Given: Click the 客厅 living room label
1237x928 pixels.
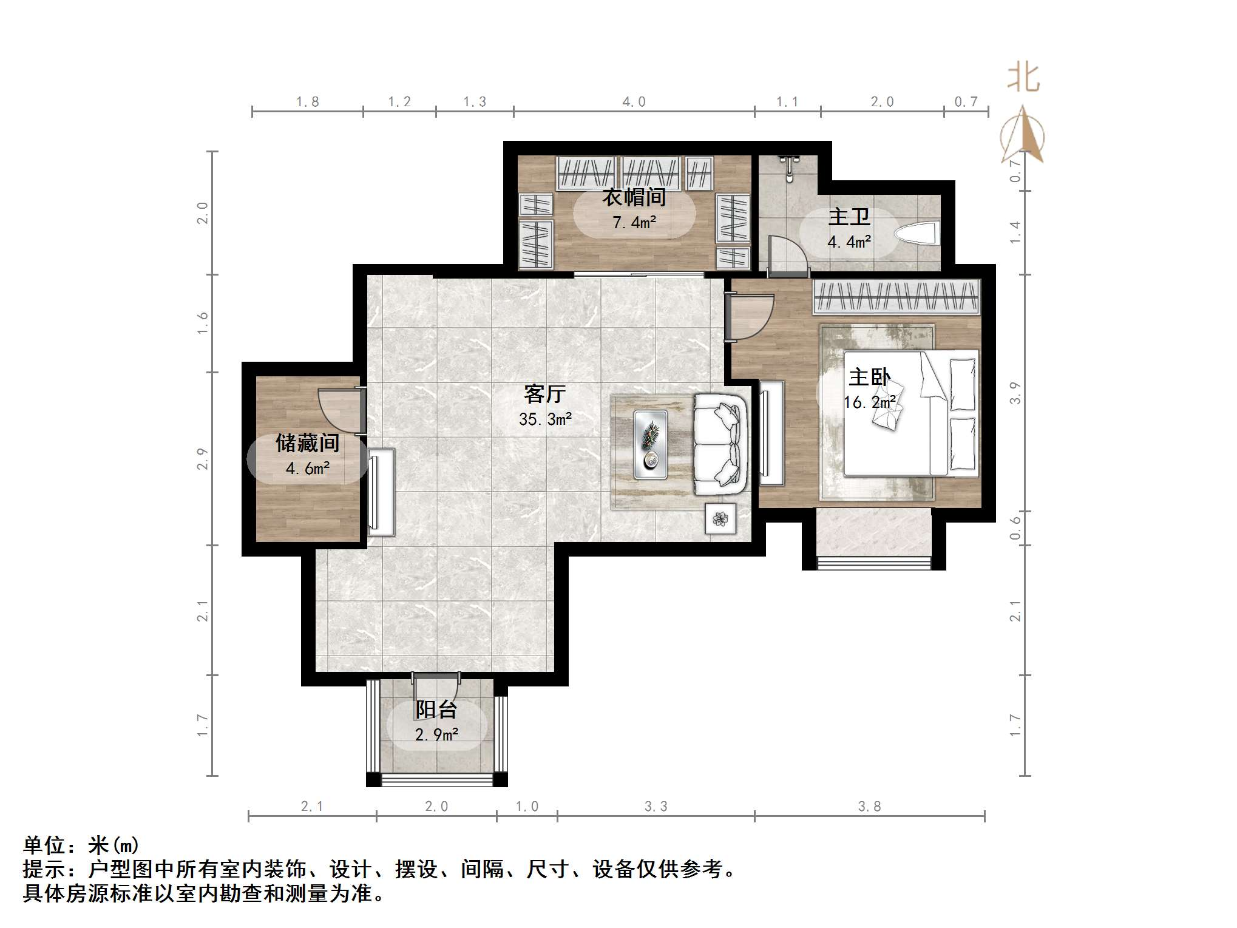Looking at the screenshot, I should tap(544, 395).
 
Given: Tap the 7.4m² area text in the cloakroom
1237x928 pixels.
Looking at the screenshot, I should tap(634, 223).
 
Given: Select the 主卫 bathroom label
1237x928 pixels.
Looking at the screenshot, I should tap(849, 217).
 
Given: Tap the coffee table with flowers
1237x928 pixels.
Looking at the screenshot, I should tap(651, 444).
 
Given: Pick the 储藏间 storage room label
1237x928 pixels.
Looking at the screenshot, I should tap(307, 443).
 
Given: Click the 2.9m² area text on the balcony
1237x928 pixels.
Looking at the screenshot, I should tap(436, 735).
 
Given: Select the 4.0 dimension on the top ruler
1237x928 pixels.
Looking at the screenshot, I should tap(634, 102).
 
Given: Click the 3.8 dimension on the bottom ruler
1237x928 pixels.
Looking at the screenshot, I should tap(869, 807).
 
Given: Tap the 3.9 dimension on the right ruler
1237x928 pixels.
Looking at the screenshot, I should tap(1015, 393).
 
